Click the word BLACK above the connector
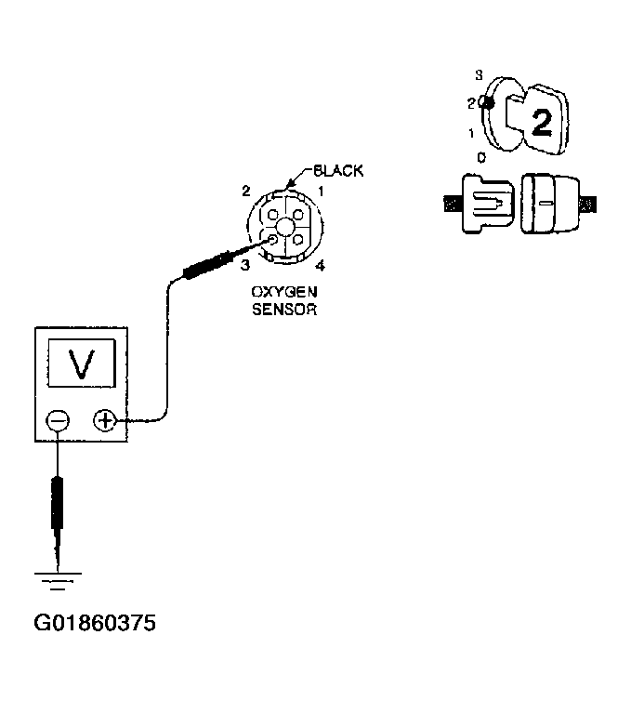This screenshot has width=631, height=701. click(x=338, y=171)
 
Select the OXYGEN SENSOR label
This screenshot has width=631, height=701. click(x=284, y=300)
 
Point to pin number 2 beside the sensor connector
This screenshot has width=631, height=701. click(x=246, y=191)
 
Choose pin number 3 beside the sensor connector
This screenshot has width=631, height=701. click(x=246, y=265)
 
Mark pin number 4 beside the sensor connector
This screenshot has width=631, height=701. click(x=320, y=266)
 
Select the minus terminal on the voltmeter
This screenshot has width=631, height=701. click(x=58, y=421)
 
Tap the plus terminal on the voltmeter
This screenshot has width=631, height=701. click(x=105, y=421)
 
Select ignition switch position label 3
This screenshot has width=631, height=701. click(x=479, y=73)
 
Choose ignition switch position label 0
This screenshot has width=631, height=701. click(x=480, y=158)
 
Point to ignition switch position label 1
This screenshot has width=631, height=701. click(x=472, y=134)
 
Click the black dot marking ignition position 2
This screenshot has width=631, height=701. click(x=485, y=103)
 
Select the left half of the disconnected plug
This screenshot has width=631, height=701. click(x=484, y=201)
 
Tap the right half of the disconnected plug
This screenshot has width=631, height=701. click(x=553, y=201)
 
